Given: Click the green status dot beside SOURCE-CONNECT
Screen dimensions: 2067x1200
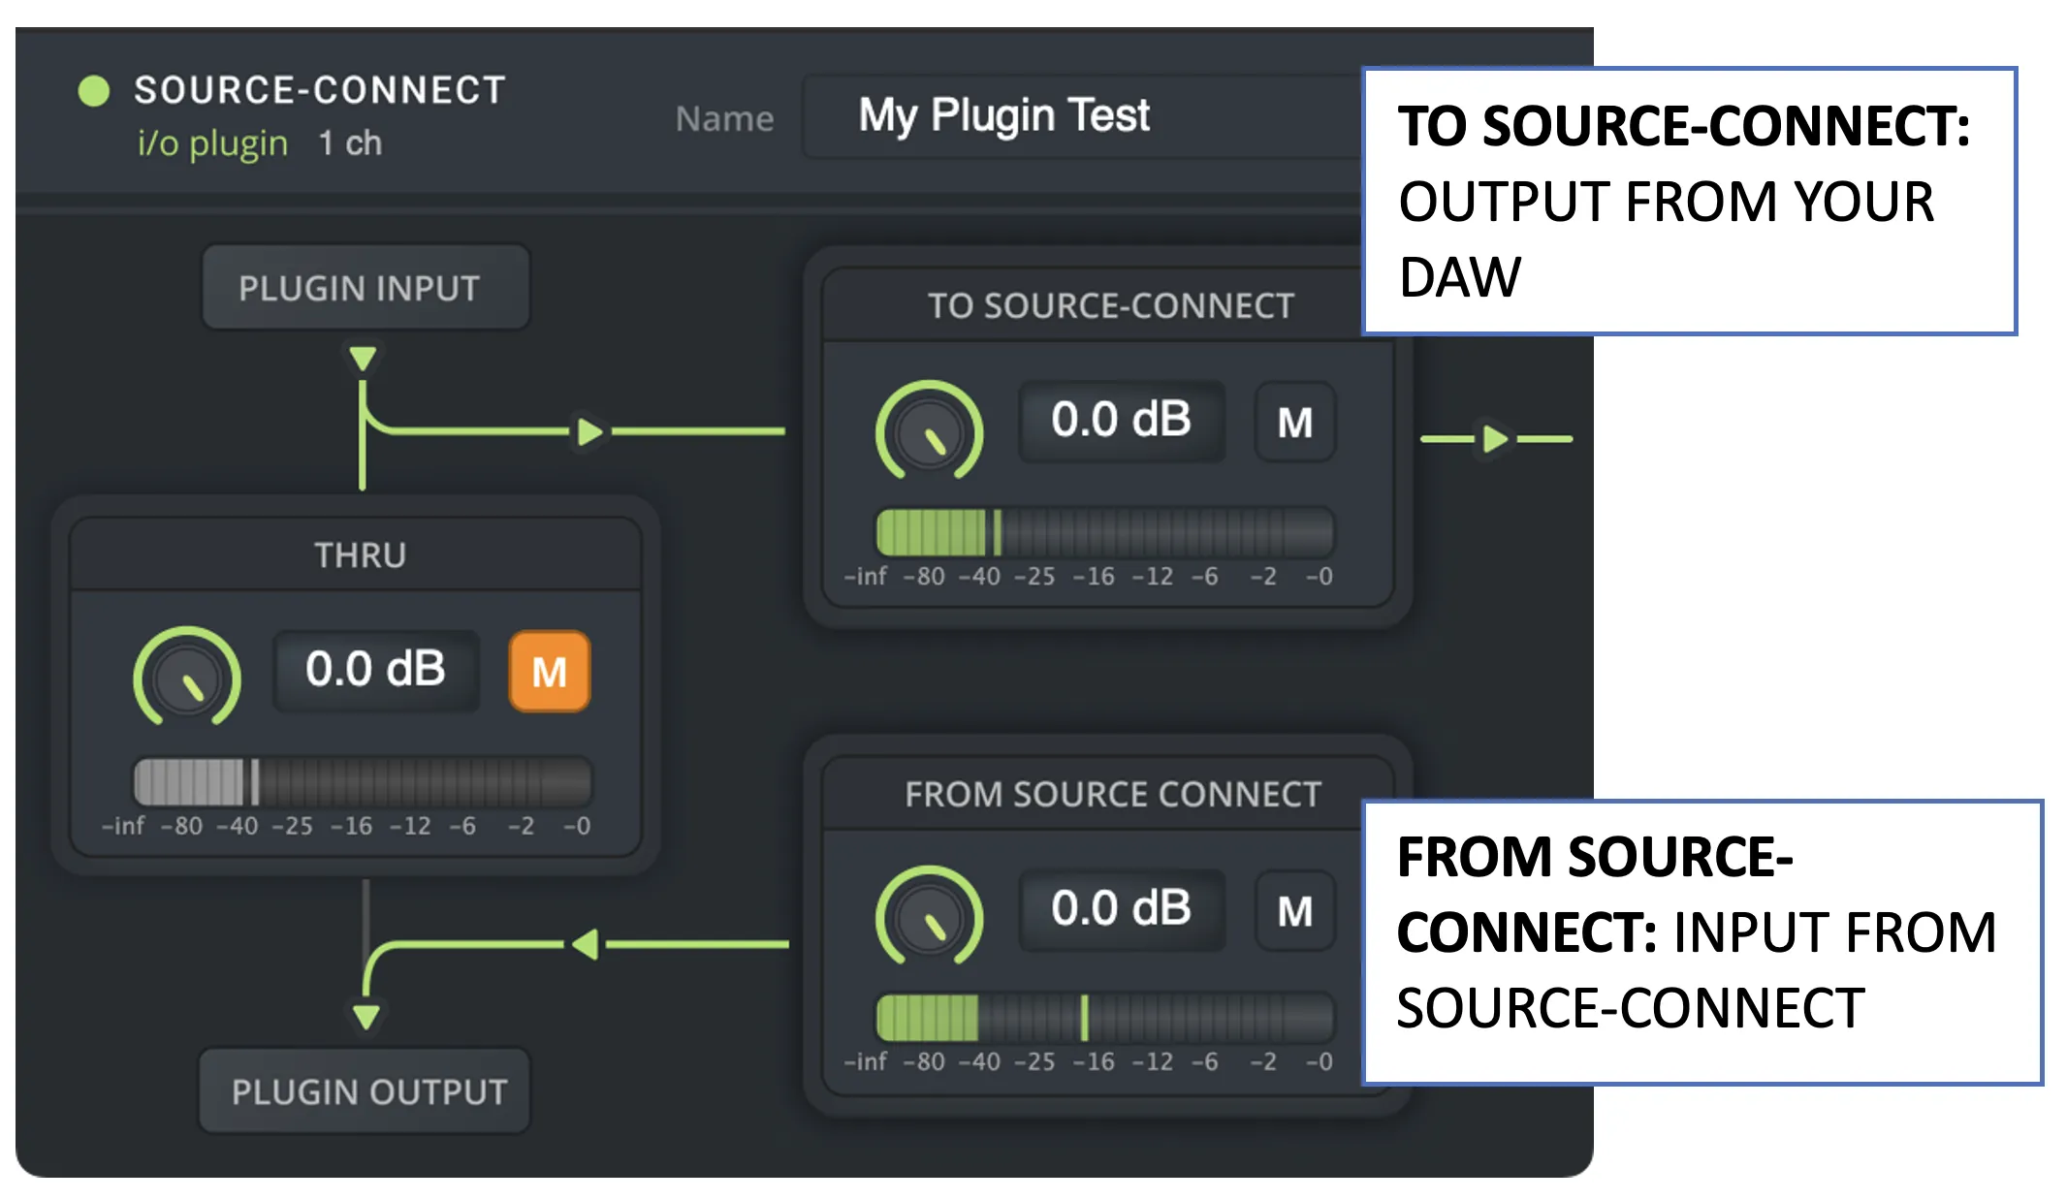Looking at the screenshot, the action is (94, 91).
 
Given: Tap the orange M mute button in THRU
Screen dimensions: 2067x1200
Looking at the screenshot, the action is (550, 671).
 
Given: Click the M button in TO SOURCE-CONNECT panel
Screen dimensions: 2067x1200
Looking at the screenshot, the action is (1295, 422).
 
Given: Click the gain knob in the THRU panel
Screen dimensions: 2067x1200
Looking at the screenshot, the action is (187, 676).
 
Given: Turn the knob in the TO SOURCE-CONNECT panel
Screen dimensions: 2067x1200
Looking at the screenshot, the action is (929, 430).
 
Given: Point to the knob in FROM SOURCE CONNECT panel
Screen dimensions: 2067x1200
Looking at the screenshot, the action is (929, 915).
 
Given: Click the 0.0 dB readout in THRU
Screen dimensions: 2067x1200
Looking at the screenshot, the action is (376, 670).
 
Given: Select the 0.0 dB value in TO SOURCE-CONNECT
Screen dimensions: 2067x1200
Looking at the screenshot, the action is (1122, 421).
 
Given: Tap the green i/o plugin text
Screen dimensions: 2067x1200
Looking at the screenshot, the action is (212, 143).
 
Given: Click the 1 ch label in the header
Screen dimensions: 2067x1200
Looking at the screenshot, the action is (350, 143).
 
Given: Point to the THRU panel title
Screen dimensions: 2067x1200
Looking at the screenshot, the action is (360, 555).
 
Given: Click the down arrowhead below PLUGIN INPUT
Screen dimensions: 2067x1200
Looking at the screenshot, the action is (363, 359).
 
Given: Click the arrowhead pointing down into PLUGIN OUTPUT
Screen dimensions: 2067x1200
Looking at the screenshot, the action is (366, 1017).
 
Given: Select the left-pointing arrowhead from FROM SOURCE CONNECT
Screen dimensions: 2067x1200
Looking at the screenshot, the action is (585, 943).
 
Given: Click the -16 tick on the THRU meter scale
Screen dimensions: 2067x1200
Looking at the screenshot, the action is (352, 826).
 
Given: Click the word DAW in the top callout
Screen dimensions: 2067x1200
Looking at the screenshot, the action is (1460, 277).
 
